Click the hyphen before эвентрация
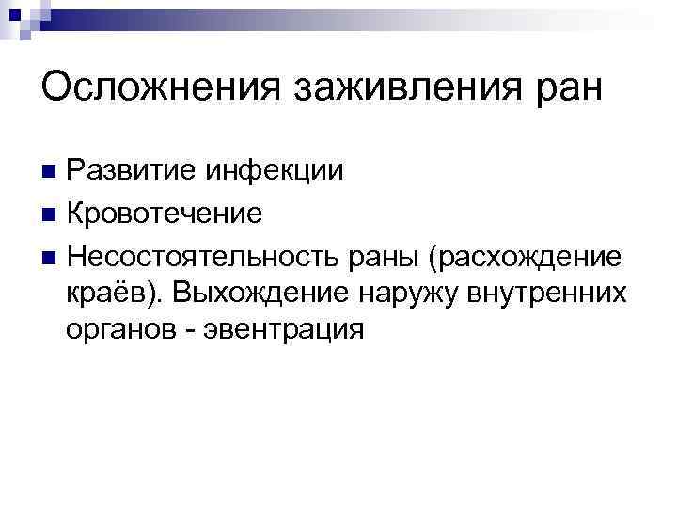pyautogui.click(x=189, y=331)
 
